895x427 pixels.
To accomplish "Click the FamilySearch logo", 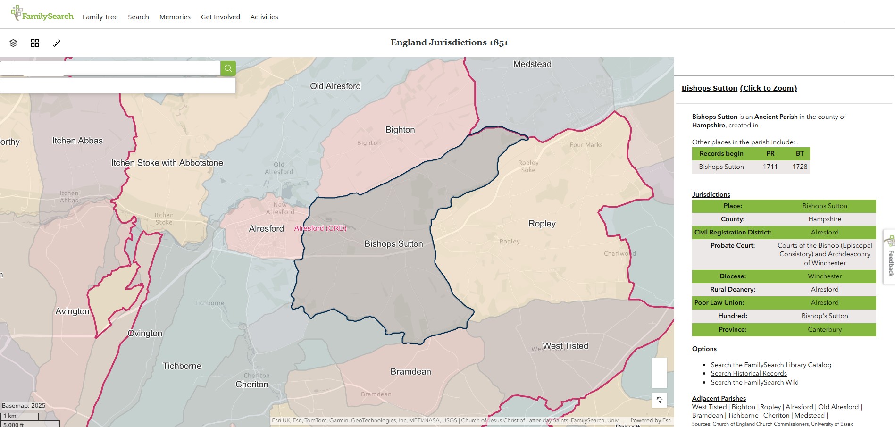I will pyautogui.click(x=42, y=15).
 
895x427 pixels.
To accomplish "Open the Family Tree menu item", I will pyautogui.click(x=100, y=17).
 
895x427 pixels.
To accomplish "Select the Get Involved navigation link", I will pyautogui.click(x=220, y=17).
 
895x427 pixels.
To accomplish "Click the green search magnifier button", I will pyautogui.click(x=228, y=68).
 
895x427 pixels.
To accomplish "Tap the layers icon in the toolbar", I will pyautogui.click(x=13, y=43).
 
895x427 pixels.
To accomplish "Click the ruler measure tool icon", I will pyautogui.click(x=57, y=43).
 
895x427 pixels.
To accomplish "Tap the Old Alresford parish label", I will pyautogui.click(x=335, y=86).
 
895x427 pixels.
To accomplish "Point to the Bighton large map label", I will pyautogui.click(x=400, y=130).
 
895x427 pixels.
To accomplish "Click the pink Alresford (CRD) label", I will pyautogui.click(x=320, y=228).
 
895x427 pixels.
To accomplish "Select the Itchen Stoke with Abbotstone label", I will pyautogui.click(x=167, y=163).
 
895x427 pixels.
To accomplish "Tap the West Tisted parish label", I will pyautogui.click(x=565, y=346).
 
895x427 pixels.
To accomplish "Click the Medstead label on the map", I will pyautogui.click(x=532, y=64).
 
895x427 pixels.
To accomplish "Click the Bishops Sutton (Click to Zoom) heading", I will pyautogui.click(x=739, y=88).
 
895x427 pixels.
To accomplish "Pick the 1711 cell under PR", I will pyautogui.click(x=770, y=167).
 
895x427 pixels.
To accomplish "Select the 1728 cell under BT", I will pyautogui.click(x=800, y=167).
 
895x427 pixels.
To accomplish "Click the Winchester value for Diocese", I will pyautogui.click(x=824, y=276).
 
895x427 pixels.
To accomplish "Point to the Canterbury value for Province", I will pyautogui.click(x=824, y=329).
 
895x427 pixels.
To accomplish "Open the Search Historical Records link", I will pyautogui.click(x=749, y=373).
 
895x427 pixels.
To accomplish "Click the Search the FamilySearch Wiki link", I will pyautogui.click(x=754, y=382).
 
